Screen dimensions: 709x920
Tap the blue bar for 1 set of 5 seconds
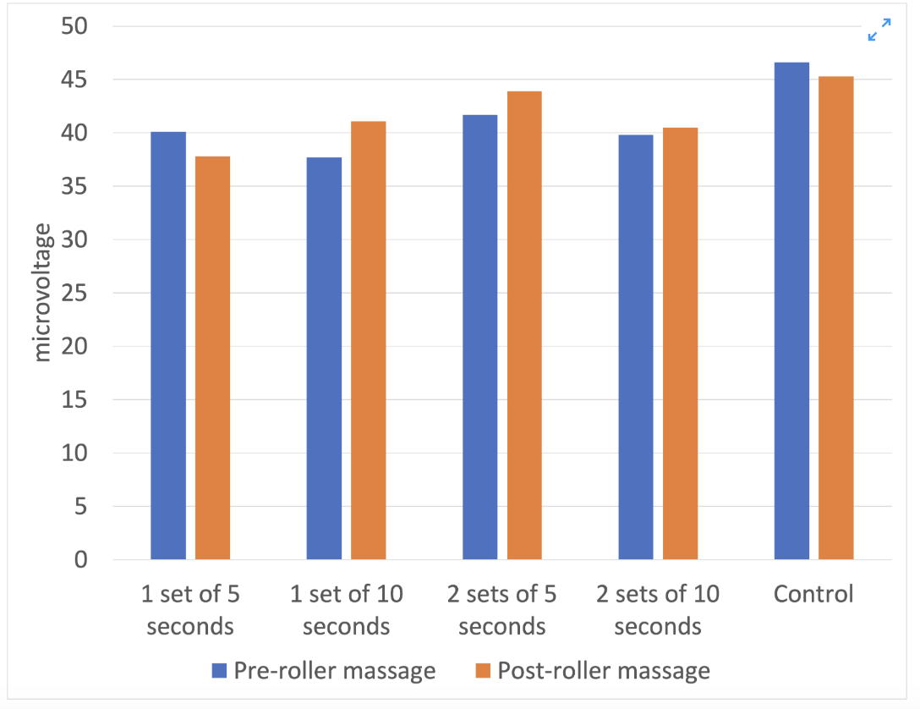(x=167, y=346)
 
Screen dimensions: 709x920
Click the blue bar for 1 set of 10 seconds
(x=324, y=359)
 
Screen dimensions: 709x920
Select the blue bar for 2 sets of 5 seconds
(x=479, y=338)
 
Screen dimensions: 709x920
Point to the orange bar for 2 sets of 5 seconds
(x=524, y=326)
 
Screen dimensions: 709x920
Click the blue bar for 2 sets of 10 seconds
(x=636, y=348)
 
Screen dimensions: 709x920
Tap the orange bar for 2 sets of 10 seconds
(x=680, y=344)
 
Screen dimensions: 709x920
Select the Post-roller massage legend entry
(x=592, y=671)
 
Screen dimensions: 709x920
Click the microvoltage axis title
(x=42, y=293)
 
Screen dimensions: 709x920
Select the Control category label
(x=813, y=594)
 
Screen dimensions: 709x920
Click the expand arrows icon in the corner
(x=879, y=31)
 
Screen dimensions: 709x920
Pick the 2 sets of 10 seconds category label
(x=658, y=610)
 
